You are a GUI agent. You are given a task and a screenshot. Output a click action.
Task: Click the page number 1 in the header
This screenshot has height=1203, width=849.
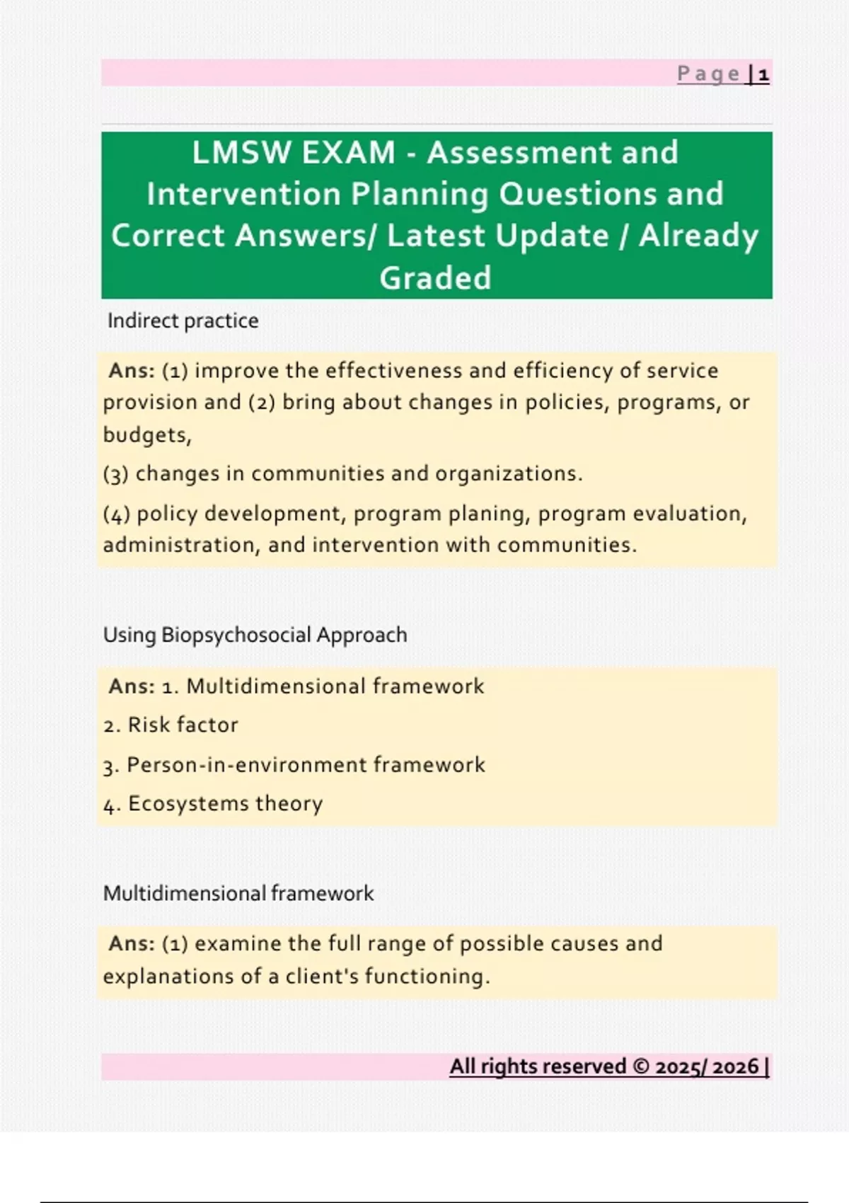(x=763, y=74)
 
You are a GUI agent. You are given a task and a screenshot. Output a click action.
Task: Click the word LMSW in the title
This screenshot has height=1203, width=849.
(x=240, y=152)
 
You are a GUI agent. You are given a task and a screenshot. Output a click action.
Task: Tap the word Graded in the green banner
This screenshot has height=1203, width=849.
(x=436, y=277)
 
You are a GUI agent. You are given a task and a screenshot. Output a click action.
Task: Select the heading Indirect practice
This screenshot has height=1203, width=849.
(x=183, y=321)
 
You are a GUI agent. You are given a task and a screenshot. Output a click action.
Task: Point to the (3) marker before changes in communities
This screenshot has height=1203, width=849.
(x=116, y=474)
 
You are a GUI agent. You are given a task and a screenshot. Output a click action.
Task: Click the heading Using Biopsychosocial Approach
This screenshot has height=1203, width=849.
(x=255, y=635)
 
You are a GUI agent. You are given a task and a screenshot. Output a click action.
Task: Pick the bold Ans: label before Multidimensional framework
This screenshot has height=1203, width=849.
(x=132, y=686)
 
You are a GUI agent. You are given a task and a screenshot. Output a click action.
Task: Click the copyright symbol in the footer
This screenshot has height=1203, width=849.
(x=641, y=1066)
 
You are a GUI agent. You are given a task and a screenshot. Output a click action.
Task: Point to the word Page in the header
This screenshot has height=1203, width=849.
(x=709, y=74)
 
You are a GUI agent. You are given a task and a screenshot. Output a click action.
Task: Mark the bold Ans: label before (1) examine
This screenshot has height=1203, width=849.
(x=132, y=943)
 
